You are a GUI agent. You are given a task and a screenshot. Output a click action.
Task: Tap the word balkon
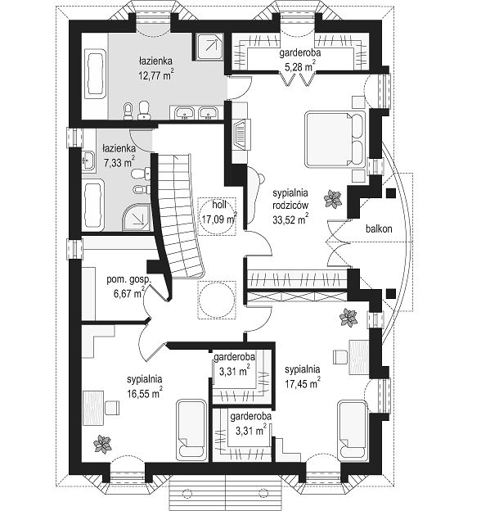point(379,228)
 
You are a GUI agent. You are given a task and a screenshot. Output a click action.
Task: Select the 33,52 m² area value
point(290,219)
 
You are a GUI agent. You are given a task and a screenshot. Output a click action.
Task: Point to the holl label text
point(219,205)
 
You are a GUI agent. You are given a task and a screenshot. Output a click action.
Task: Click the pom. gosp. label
point(128,279)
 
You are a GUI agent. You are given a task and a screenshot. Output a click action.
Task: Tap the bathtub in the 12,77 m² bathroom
point(96,74)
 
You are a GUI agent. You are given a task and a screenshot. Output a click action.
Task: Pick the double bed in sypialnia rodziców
point(335,139)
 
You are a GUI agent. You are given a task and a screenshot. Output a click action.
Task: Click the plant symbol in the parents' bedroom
point(333,199)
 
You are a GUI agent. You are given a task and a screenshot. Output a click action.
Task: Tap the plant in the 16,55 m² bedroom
point(102,444)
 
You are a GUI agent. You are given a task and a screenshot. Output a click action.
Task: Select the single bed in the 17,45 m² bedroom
point(353,431)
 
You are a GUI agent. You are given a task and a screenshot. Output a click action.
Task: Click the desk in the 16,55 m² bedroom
point(93,408)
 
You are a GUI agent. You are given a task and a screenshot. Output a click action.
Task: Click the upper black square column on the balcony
point(390,193)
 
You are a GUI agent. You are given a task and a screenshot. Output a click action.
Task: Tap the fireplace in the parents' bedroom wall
point(242,134)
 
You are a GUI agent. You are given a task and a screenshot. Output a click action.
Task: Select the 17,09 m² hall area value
point(219,218)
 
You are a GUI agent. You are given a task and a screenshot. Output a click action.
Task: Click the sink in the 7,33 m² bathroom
point(88,161)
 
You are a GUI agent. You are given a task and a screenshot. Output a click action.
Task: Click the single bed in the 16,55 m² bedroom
point(191,431)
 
